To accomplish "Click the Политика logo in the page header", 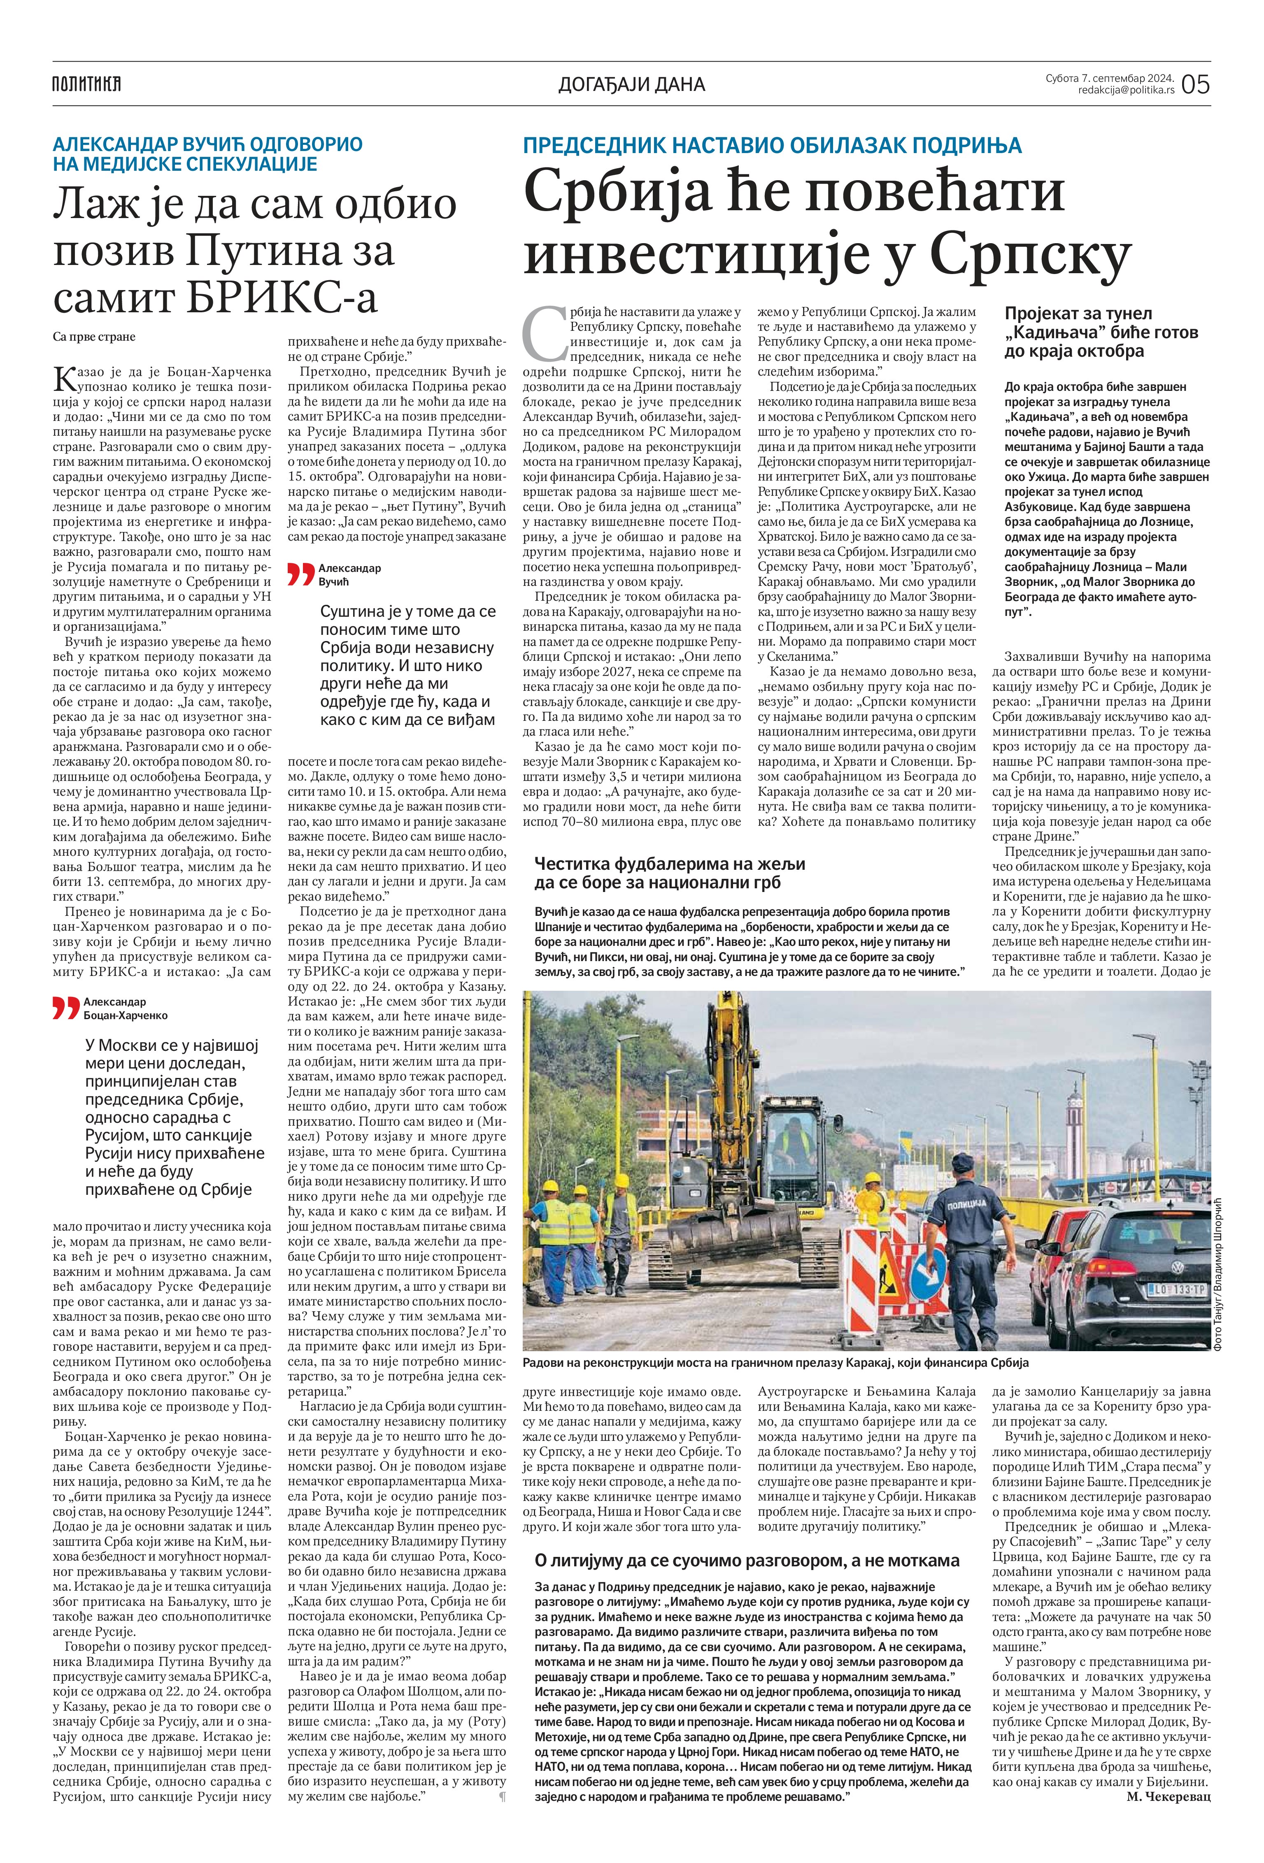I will [86, 83].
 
